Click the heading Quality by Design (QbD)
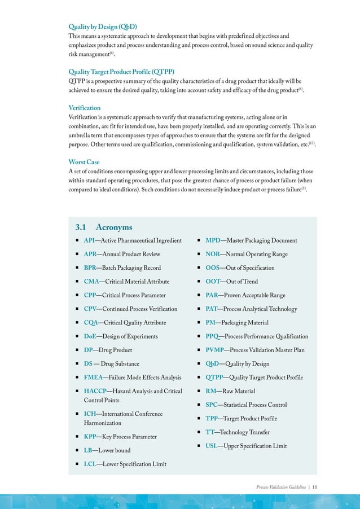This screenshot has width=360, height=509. click(103, 27)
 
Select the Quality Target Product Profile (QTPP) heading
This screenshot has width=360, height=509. click(121, 72)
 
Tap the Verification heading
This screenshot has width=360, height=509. click(85, 107)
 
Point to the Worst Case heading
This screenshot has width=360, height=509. click(84, 162)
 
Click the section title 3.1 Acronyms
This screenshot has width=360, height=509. click(104, 227)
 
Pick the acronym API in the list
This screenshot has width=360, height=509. click(89, 240)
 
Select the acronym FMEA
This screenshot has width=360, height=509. click(93, 378)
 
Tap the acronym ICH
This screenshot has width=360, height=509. click(90, 414)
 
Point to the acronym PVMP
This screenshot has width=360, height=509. click(215, 350)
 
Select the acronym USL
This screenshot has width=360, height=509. click(212, 446)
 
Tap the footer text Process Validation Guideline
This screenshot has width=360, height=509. click(281, 486)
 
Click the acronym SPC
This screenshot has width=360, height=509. click(212, 405)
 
